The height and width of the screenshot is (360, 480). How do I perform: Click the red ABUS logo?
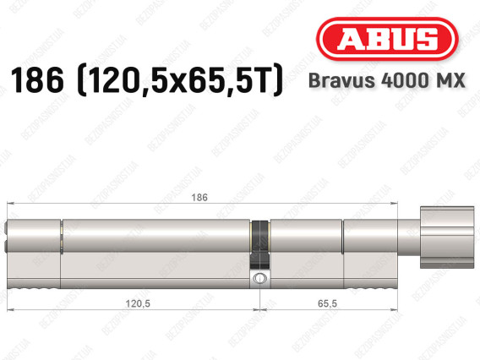(x=387, y=39)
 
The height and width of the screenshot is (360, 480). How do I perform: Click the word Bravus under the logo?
(x=341, y=80)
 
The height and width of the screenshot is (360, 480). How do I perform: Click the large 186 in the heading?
(x=37, y=80)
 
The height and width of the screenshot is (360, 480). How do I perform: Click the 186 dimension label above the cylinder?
(x=199, y=198)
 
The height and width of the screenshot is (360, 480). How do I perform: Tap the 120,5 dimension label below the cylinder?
(x=138, y=303)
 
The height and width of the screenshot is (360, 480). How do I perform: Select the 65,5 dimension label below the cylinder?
(x=327, y=303)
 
